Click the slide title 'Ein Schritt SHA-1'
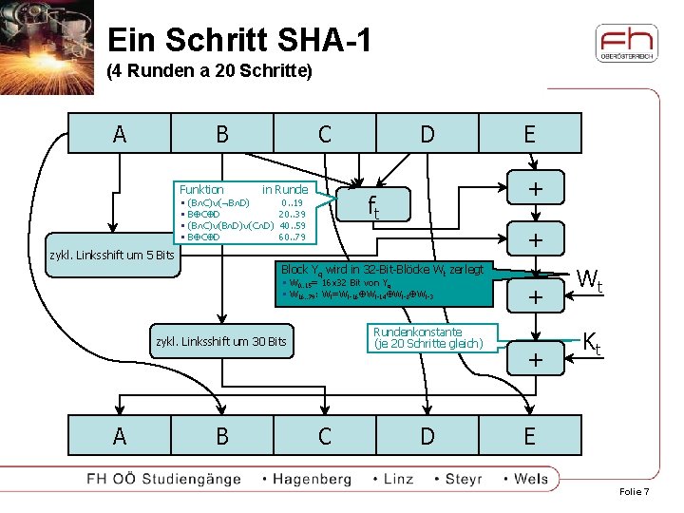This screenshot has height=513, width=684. pyautogui.click(x=239, y=40)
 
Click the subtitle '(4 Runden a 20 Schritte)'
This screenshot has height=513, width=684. pyautogui.click(x=209, y=71)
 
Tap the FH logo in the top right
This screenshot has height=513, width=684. pyautogui.click(x=626, y=43)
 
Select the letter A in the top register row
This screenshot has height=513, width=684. pyautogui.click(x=119, y=134)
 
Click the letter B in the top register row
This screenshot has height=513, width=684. pyautogui.click(x=221, y=134)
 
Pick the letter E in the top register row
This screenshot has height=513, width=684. pyautogui.click(x=529, y=134)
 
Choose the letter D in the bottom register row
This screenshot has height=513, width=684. pyautogui.click(x=427, y=436)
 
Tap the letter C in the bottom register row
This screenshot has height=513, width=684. pyautogui.click(x=325, y=436)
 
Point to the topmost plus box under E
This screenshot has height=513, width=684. pyautogui.click(x=535, y=190)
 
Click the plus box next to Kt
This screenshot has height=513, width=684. pyautogui.click(x=535, y=359)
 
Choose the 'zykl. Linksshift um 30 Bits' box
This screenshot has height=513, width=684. pyautogui.click(x=219, y=341)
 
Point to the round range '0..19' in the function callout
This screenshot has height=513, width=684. pyautogui.click(x=292, y=202)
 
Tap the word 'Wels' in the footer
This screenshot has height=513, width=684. pyautogui.click(x=530, y=479)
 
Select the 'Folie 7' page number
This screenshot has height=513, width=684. pyautogui.click(x=634, y=492)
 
